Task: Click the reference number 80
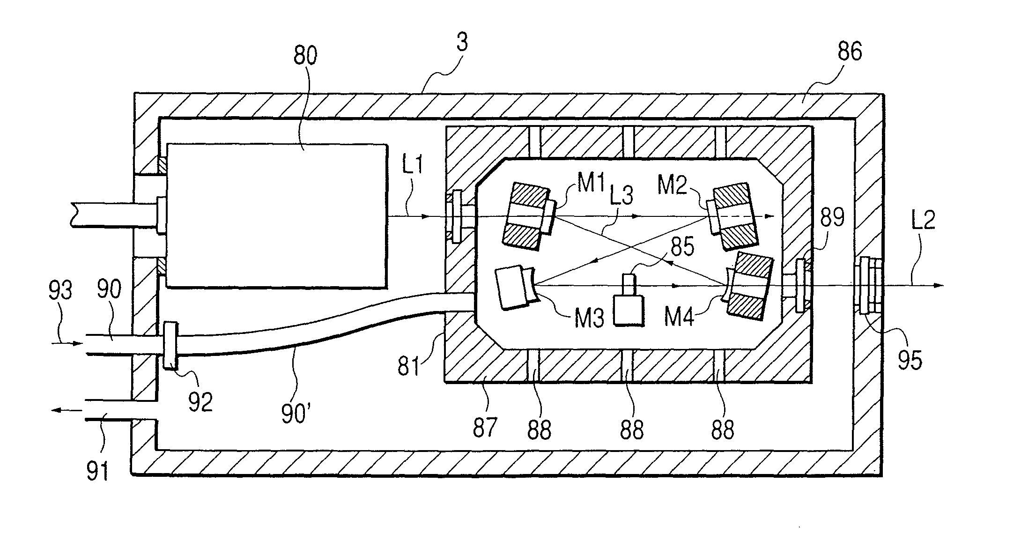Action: [x=305, y=55]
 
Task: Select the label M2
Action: [x=672, y=185]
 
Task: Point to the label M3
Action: [x=589, y=318]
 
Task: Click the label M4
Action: [x=679, y=317]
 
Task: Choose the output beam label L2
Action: [x=922, y=219]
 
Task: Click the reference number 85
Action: [x=682, y=246]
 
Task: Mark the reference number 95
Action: [x=909, y=360]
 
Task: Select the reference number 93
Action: [x=60, y=290]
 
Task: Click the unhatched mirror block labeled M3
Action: [x=513, y=288]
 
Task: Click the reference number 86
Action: [x=849, y=52]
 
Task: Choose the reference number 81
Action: [x=408, y=366]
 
